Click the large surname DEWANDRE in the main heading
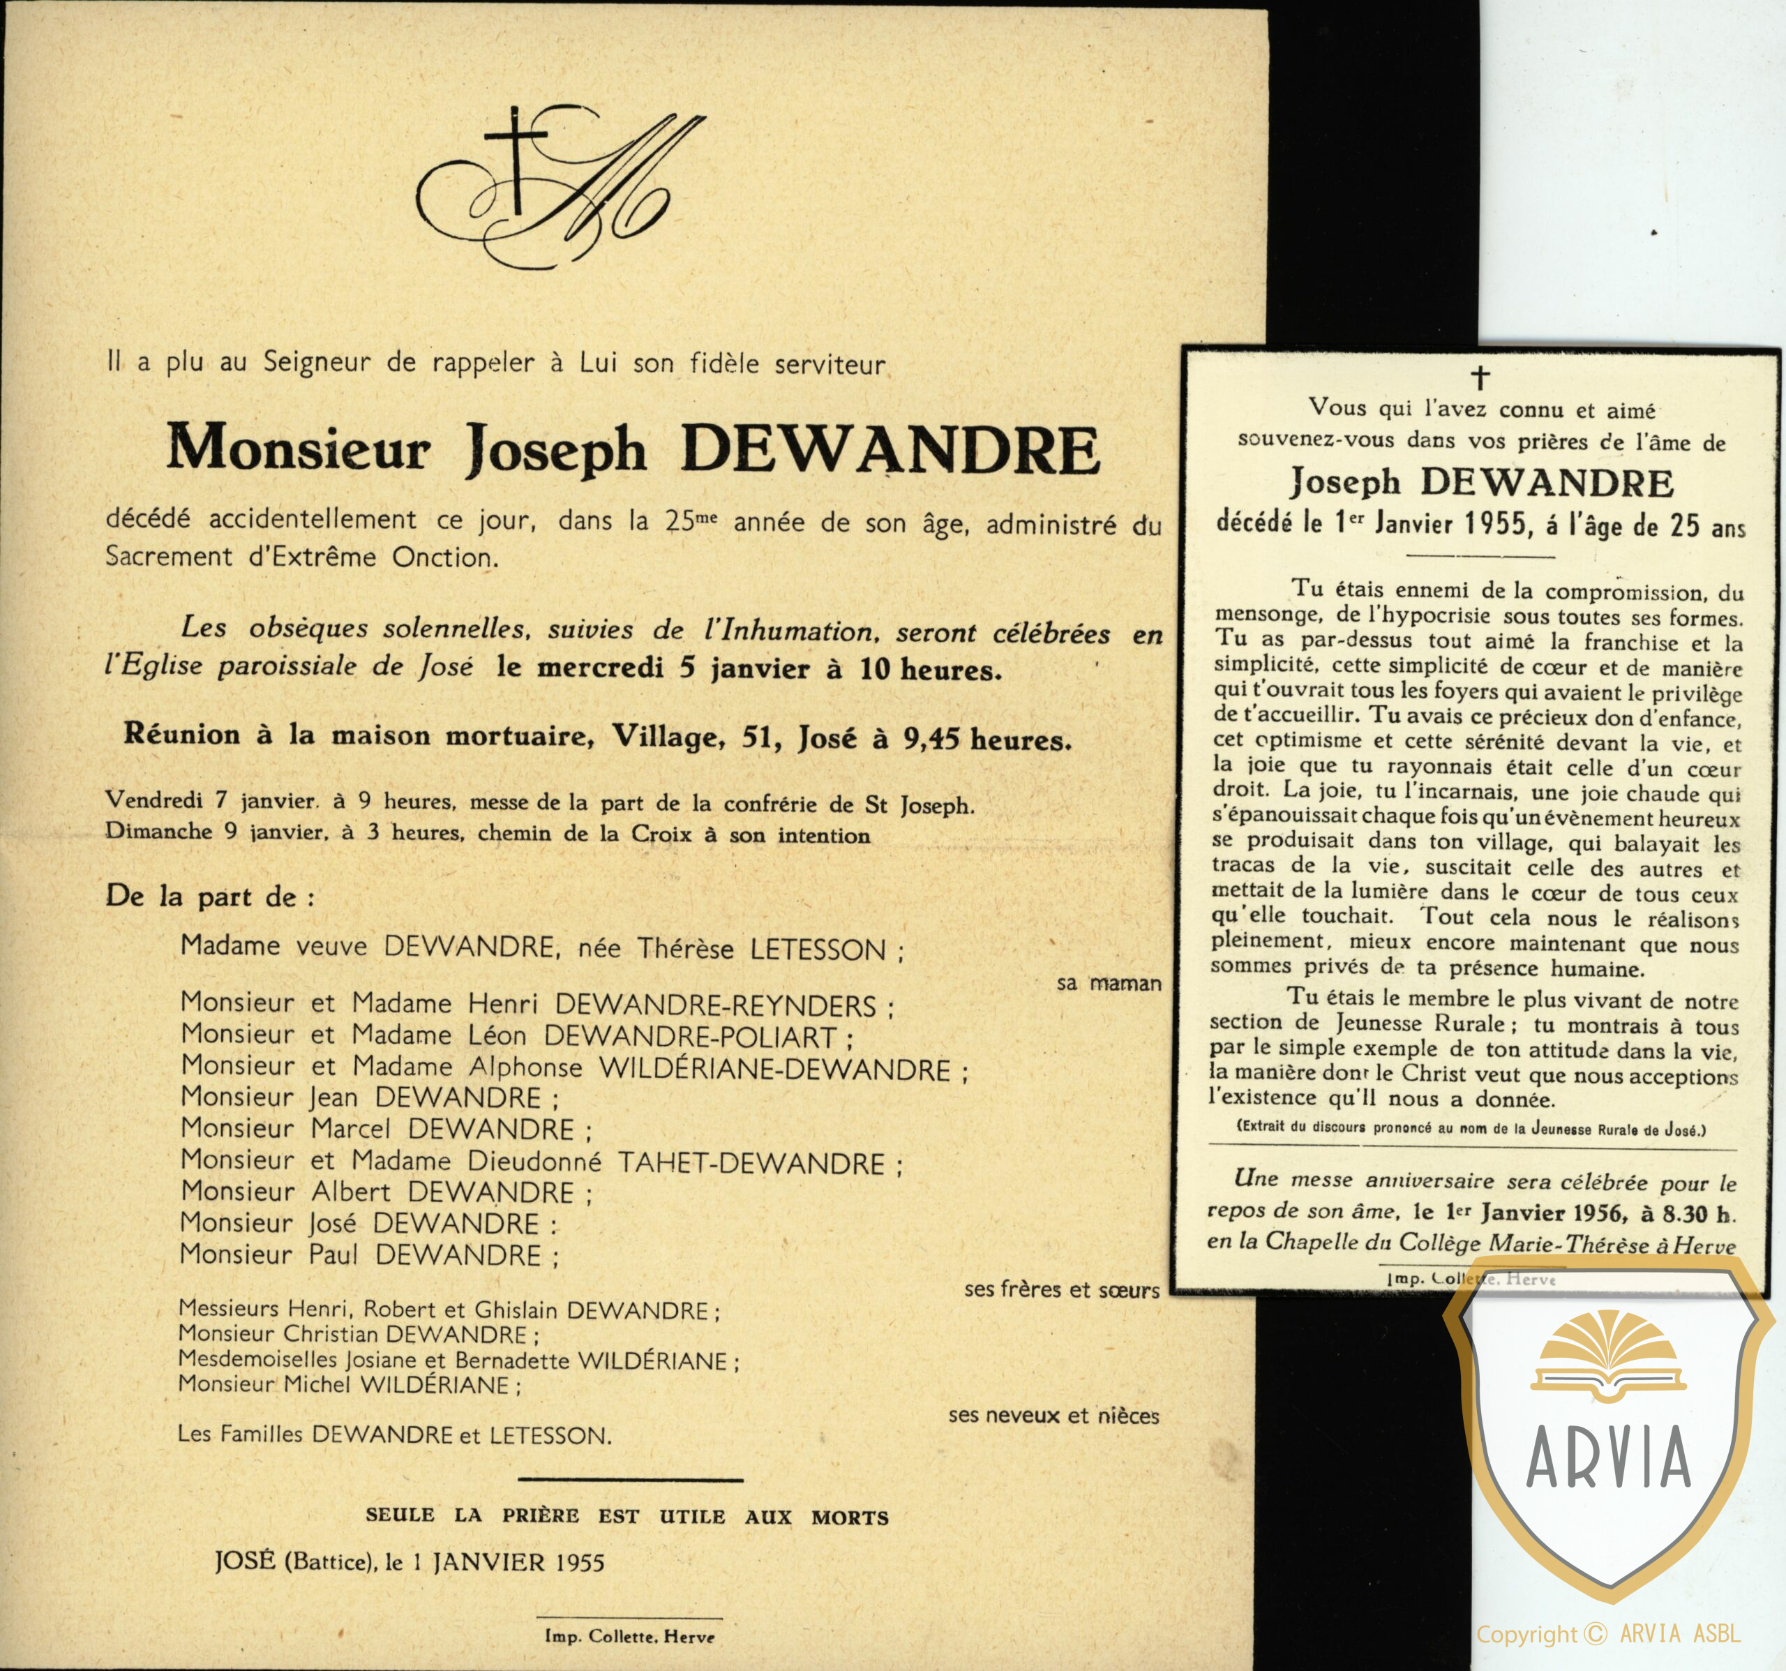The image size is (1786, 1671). point(890,449)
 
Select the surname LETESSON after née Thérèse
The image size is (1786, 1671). point(818,950)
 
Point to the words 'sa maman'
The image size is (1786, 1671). point(1109,984)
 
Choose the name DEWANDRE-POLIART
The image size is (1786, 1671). point(690,1037)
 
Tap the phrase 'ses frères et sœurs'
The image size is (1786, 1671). point(1061,1290)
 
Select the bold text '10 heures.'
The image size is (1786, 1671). point(931,670)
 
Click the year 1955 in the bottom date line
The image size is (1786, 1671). point(580,1563)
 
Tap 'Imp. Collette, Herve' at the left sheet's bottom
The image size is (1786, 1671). point(629,1636)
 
